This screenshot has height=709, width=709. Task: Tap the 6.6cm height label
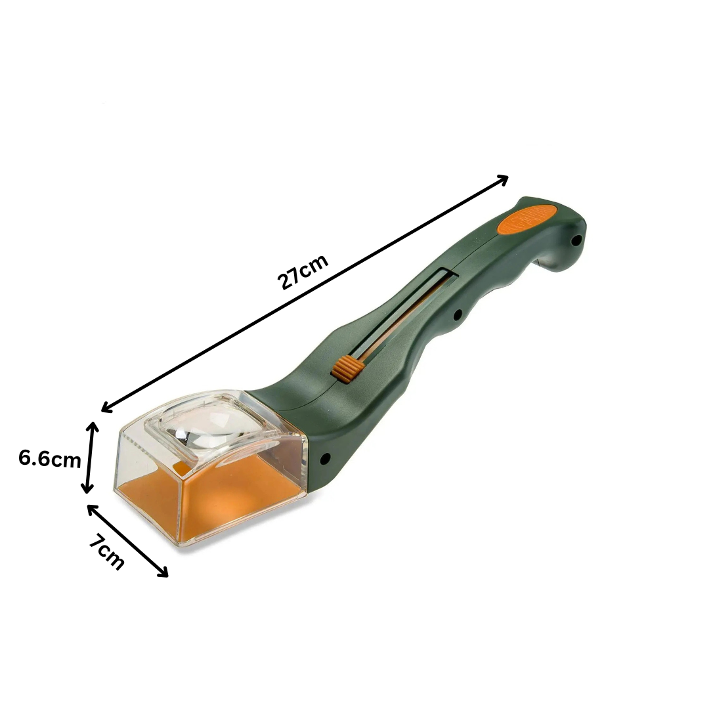click(x=50, y=458)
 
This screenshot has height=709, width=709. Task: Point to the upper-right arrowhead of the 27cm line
click(x=503, y=179)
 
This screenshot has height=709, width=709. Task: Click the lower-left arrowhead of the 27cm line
click(x=107, y=408)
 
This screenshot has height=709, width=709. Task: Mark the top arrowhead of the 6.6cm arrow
click(x=93, y=427)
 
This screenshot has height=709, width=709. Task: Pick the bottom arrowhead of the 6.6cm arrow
click(x=87, y=487)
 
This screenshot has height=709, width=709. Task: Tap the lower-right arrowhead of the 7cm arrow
click(x=163, y=572)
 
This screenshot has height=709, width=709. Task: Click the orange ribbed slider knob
click(x=347, y=365)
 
